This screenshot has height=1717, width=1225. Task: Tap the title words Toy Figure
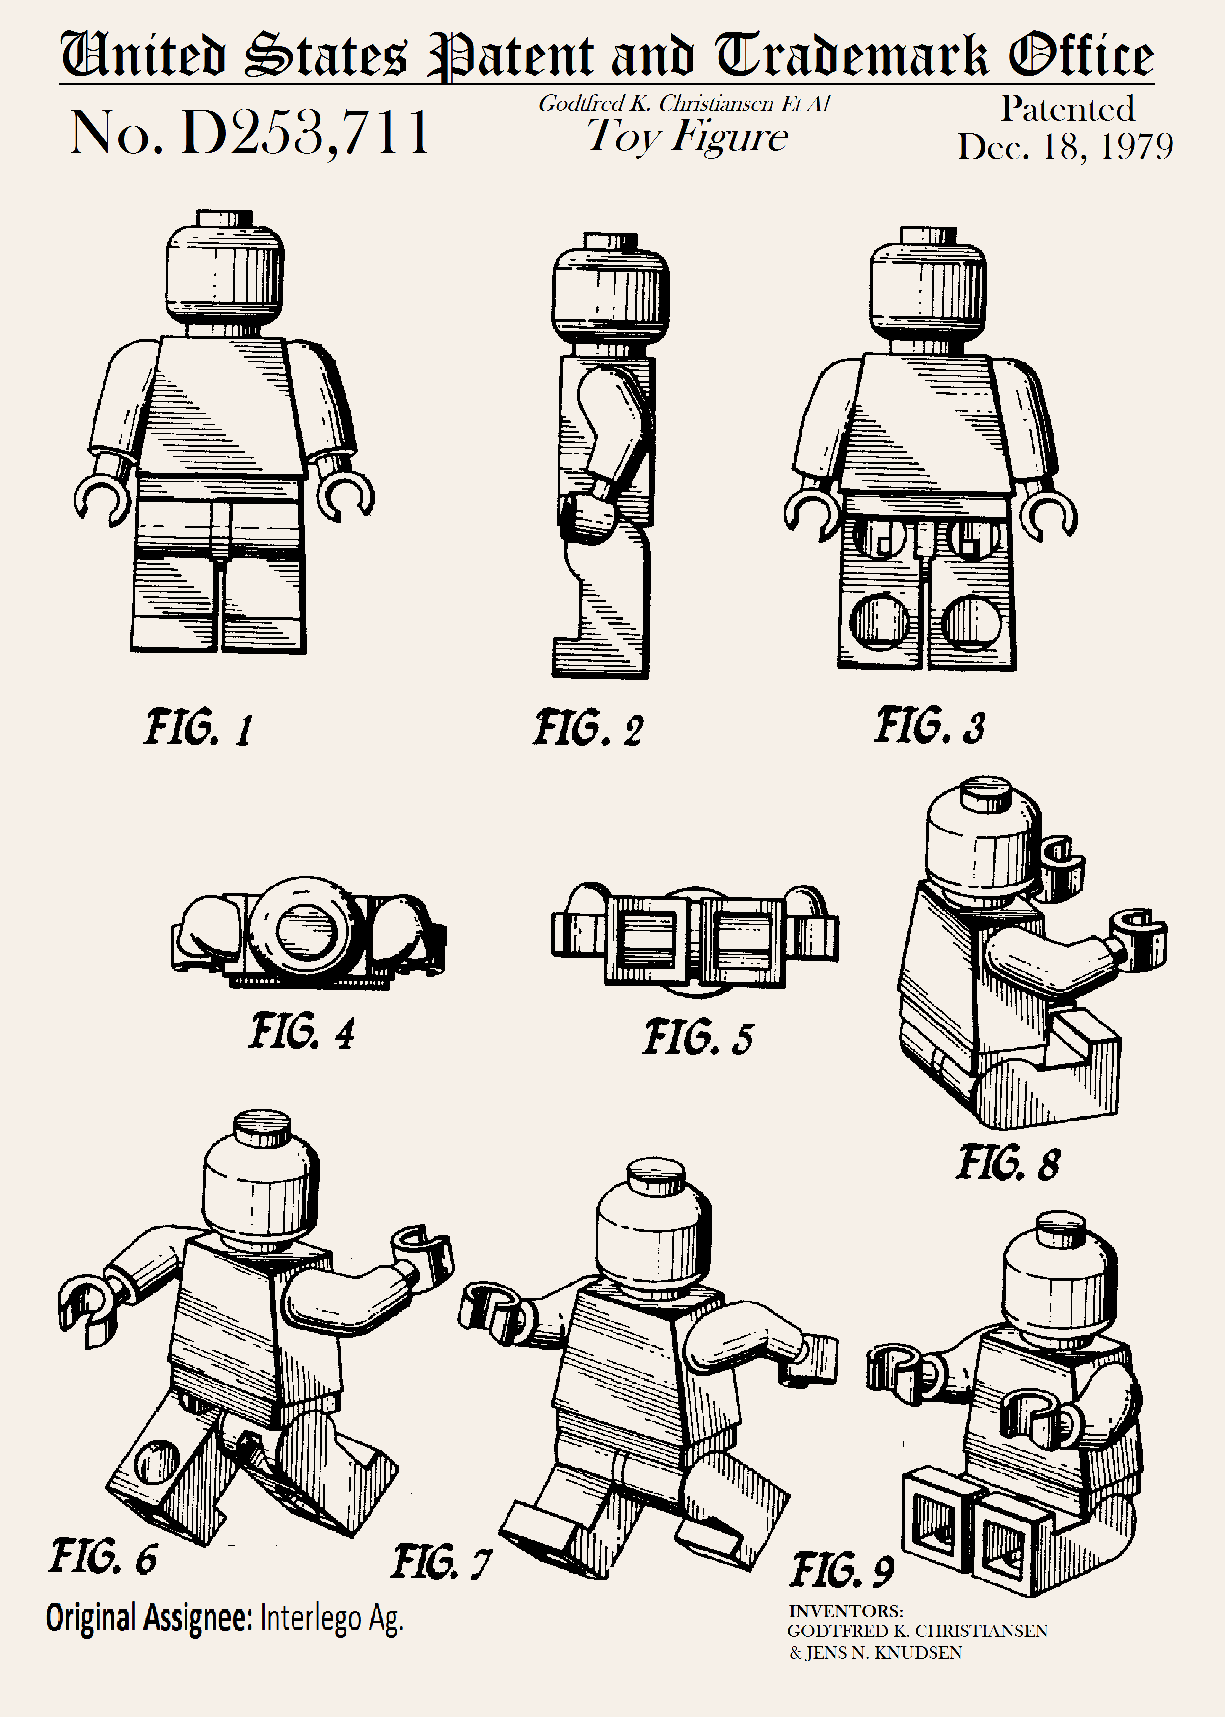(x=687, y=138)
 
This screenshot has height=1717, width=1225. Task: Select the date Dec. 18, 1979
(x=1065, y=146)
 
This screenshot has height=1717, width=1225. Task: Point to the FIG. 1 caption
(x=198, y=727)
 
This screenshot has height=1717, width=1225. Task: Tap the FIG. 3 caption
(x=930, y=726)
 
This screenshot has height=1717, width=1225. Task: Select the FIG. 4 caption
(x=302, y=1032)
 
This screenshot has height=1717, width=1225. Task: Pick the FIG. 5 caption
(x=698, y=1037)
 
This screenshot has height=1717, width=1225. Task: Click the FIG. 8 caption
(x=1009, y=1163)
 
